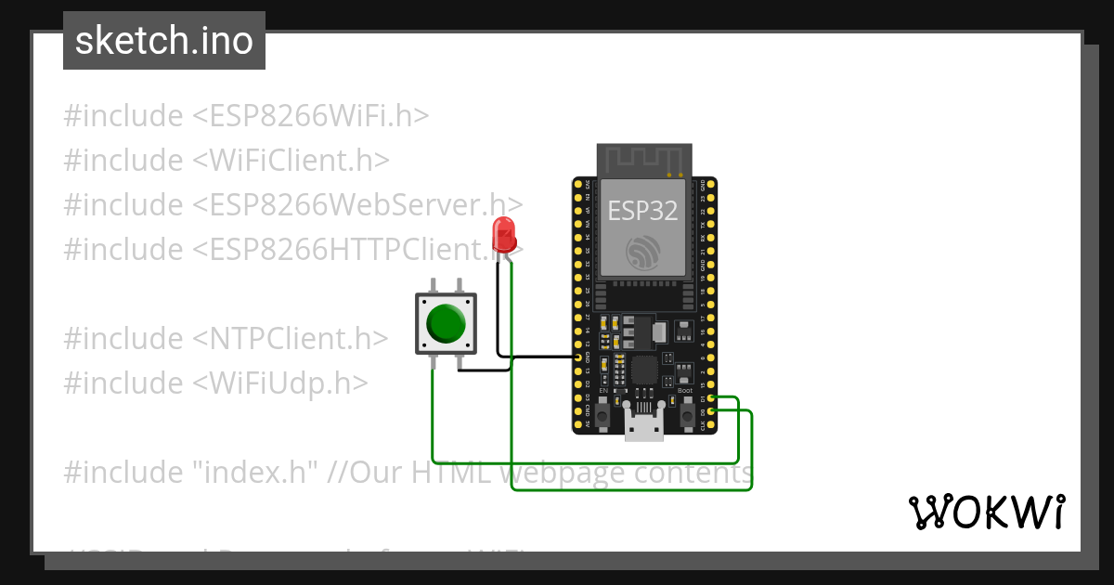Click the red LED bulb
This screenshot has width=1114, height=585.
(505, 232)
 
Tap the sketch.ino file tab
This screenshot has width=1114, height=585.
(164, 41)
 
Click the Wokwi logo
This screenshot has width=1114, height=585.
(986, 512)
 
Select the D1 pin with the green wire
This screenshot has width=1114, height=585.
(712, 398)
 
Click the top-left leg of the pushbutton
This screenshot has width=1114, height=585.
(434, 285)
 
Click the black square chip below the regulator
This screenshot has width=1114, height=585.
(644, 371)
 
